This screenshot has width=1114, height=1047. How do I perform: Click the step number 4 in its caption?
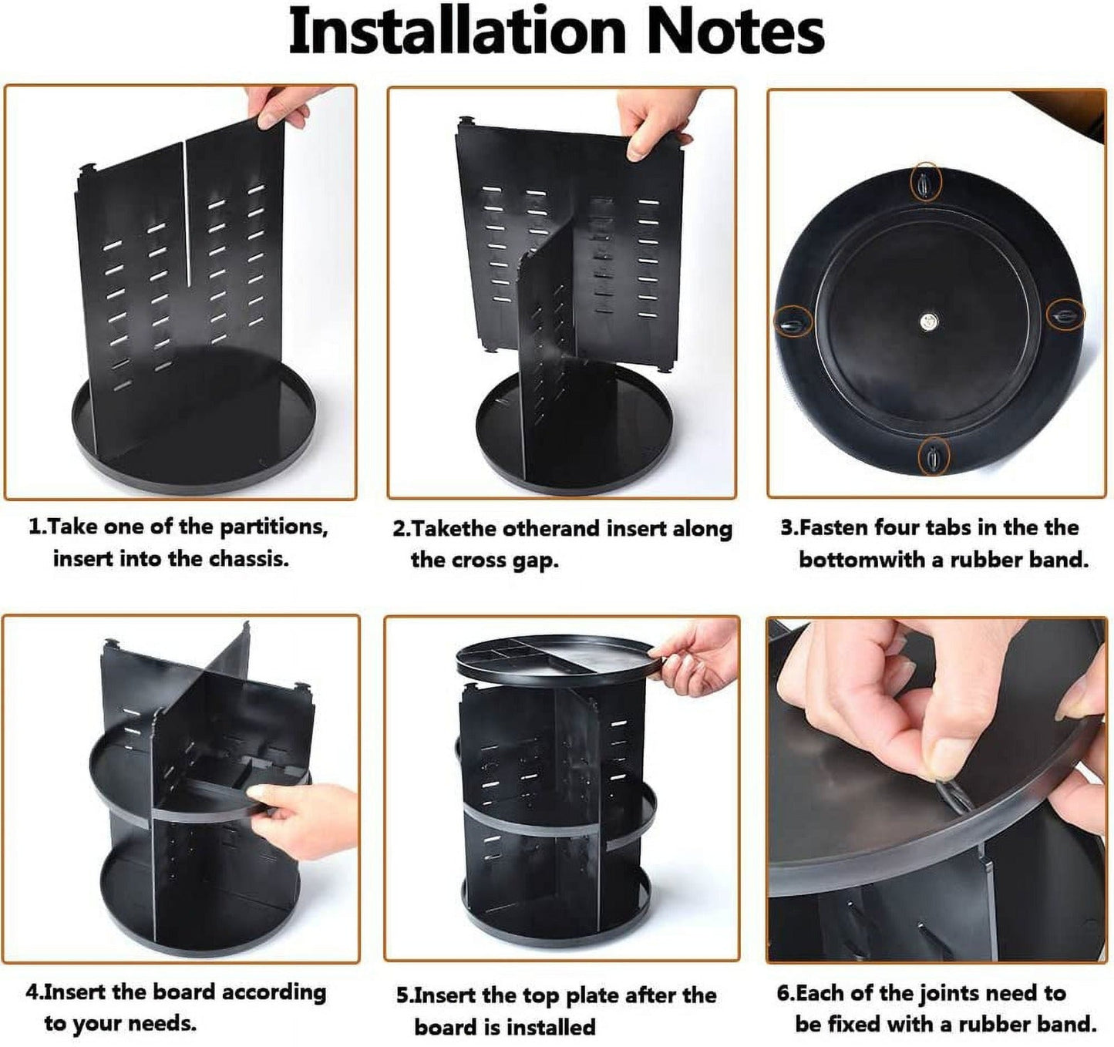point(32,992)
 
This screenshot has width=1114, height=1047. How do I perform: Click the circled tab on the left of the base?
point(793,322)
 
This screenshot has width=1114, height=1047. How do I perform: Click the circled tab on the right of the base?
point(1065,315)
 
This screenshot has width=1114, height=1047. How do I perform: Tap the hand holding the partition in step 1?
point(285,106)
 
